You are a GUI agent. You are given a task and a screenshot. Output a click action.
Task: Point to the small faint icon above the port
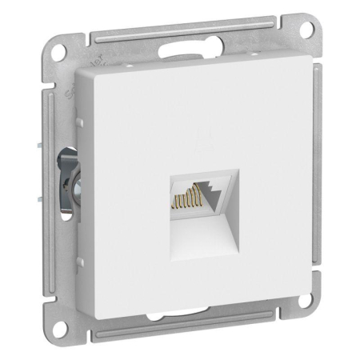pyautogui.click(x=200, y=142)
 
